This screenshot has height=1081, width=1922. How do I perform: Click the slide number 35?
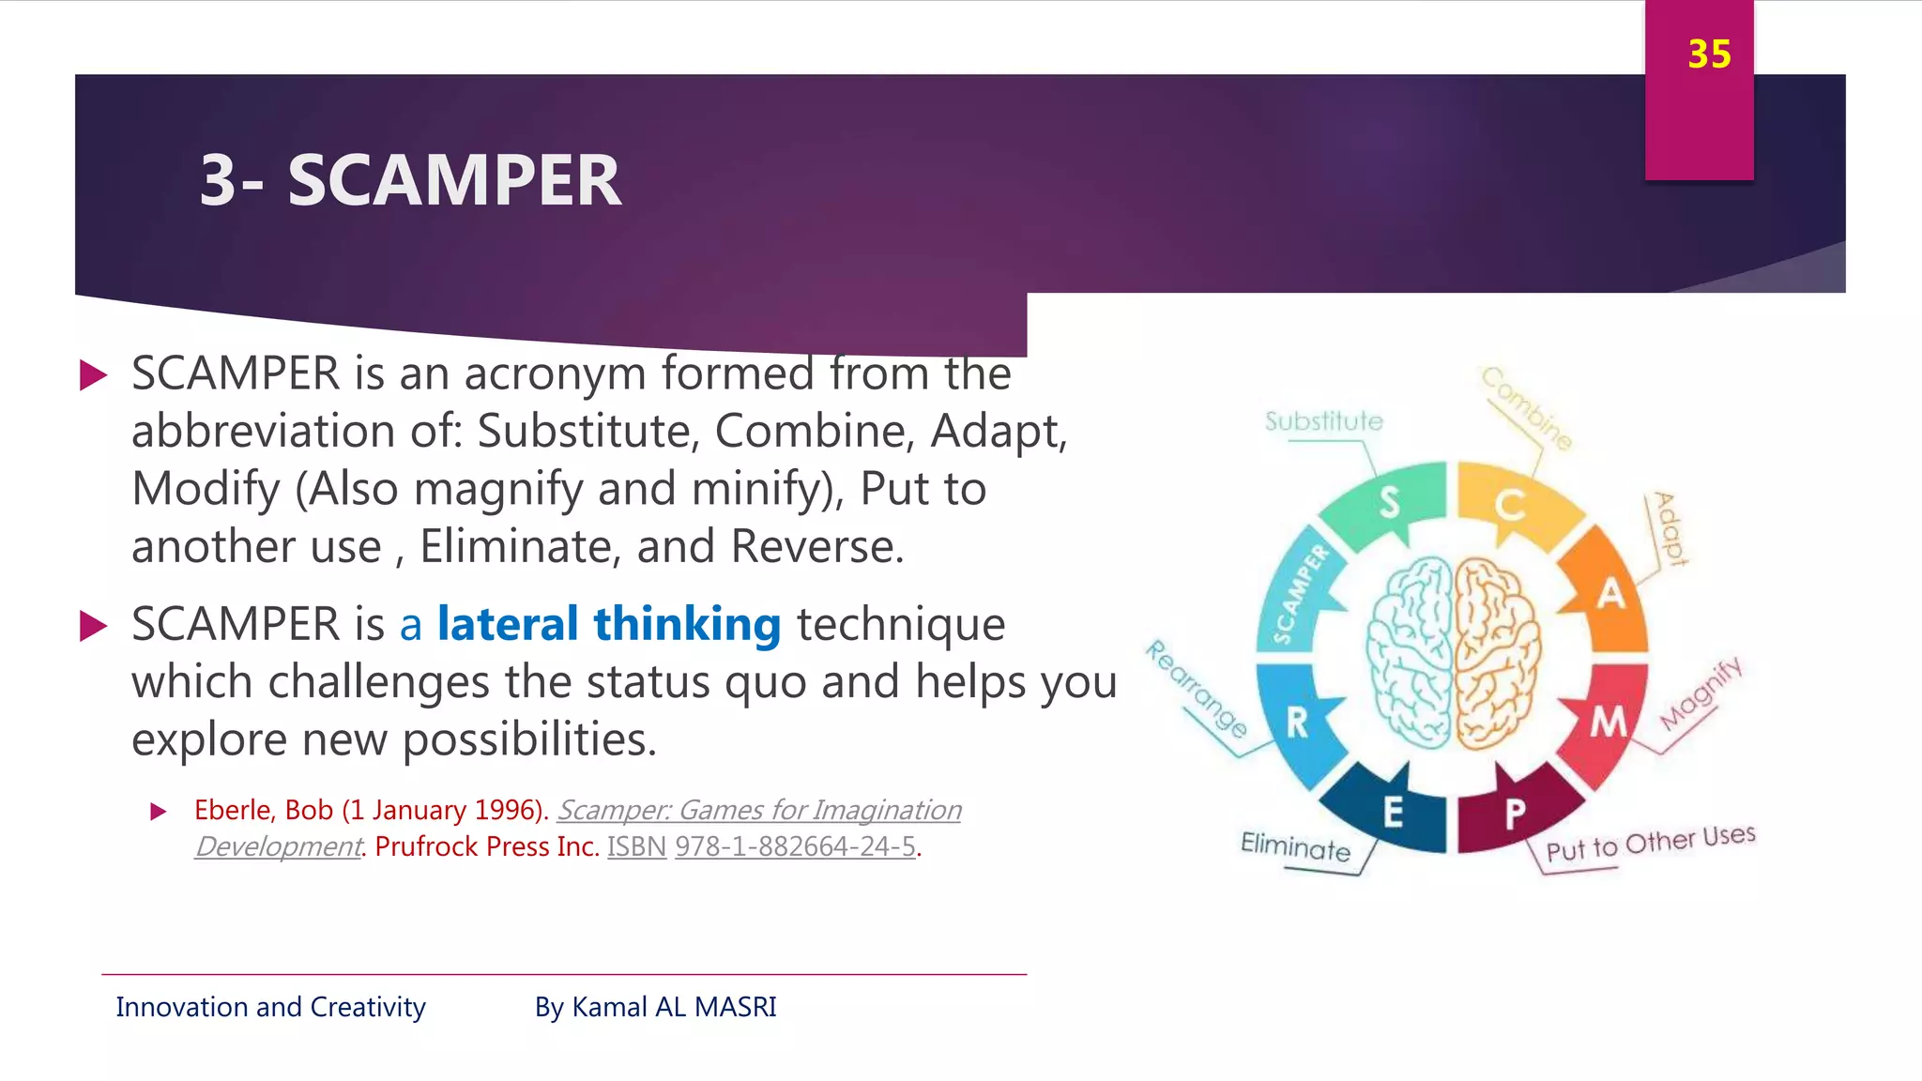pyautogui.click(x=1708, y=54)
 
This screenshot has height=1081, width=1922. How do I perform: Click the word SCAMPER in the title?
pyautogui.click(x=454, y=180)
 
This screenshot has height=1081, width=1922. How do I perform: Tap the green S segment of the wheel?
pyautogui.click(x=1387, y=504)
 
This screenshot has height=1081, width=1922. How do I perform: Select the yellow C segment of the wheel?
pyautogui.click(x=1511, y=505)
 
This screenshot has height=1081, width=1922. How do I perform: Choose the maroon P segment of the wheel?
pyautogui.click(x=1514, y=813)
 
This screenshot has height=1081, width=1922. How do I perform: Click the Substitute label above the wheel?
pyautogui.click(x=1323, y=421)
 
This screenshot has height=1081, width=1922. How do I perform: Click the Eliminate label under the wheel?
pyautogui.click(x=1295, y=846)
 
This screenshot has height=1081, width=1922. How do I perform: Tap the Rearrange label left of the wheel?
pyautogui.click(x=1197, y=690)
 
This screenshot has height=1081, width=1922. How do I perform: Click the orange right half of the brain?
pyautogui.click(x=1496, y=652)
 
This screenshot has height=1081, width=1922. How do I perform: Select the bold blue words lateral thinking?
pyautogui.click(x=608, y=624)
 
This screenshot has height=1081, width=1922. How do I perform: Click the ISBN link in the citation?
pyautogui.click(x=636, y=846)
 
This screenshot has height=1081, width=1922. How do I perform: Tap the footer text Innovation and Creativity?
pyautogui.click(x=270, y=1007)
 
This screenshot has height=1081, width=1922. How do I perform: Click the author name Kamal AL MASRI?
pyautogui.click(x=674, y=1007)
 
